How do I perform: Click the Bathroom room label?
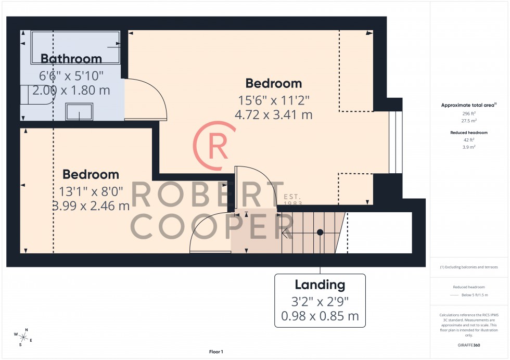point(71,58)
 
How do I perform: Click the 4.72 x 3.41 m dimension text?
point(274,115)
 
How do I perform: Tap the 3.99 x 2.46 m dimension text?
point(91,206)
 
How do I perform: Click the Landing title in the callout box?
point(320,285)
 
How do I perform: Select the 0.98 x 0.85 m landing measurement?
point(320,316)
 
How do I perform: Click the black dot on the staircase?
point(321,232)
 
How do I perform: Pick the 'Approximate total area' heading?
point(469,105)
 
